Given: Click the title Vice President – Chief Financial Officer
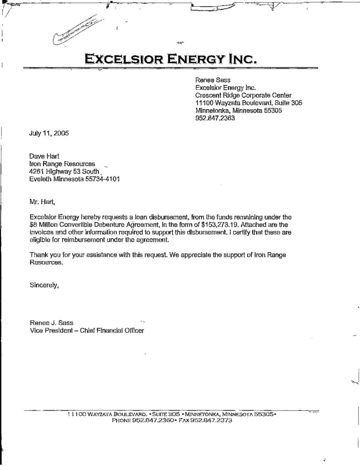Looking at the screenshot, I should pyautogui.click(x=86, y=331).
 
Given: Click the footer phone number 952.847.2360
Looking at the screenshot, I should pyautogui.click(x=152, y=421).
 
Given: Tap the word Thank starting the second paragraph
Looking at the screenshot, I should pyautogui.click(x=38, y=255).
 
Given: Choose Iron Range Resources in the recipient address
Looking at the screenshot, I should pyautogui.click(x=62, y=163).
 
